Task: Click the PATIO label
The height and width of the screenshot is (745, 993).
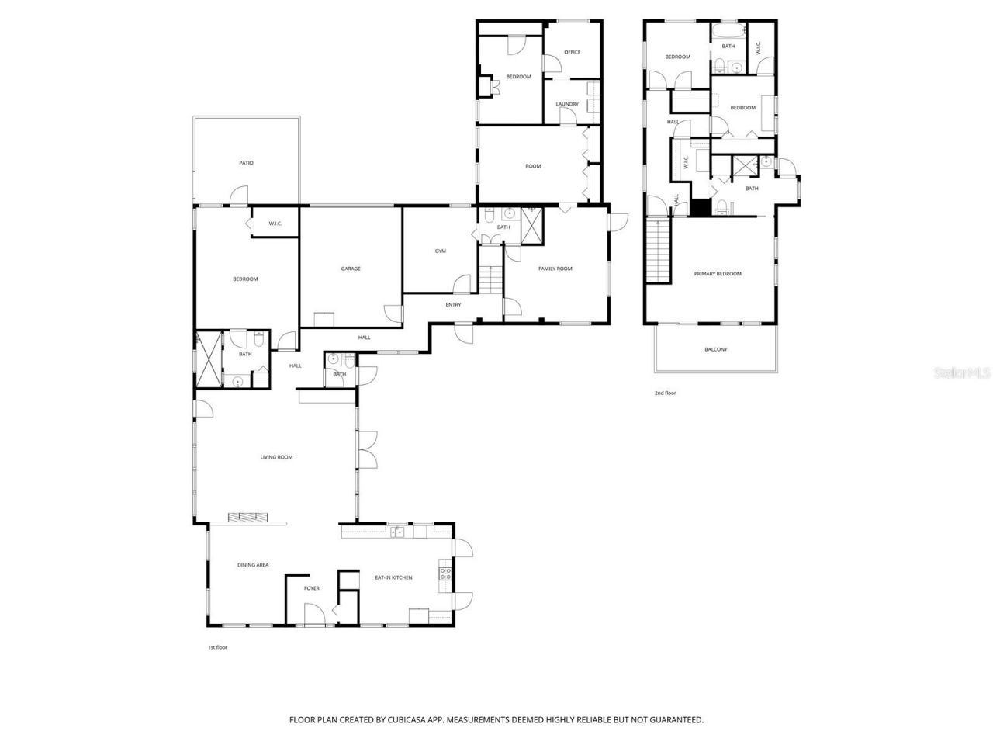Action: coord(246,163)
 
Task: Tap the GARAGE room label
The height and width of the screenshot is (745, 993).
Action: coord(351,269)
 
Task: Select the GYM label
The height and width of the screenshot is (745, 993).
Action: coord(440,251)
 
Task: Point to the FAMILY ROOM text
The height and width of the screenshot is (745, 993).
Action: coord(555,269)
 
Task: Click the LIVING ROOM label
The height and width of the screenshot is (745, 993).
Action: coord(276,457)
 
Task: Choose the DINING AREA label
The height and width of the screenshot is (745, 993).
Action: coord(253,565)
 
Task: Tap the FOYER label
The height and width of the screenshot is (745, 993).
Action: coord(311,588)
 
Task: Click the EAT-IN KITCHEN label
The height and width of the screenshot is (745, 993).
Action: coord(393,577)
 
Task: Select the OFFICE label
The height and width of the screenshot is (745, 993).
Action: coord(573,52)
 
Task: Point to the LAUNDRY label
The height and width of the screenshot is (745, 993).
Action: coord(567,104)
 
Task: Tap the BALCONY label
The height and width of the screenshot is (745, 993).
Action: coord(716,349)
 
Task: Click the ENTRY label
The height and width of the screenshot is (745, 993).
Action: coord(453,304)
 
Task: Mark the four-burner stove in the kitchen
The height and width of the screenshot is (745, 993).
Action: coord(446,573)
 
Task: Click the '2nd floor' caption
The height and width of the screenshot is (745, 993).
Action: coord(665,393)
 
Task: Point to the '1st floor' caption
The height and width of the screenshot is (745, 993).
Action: coord(217,647)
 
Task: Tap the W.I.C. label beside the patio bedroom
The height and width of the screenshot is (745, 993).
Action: coord(275,223)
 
